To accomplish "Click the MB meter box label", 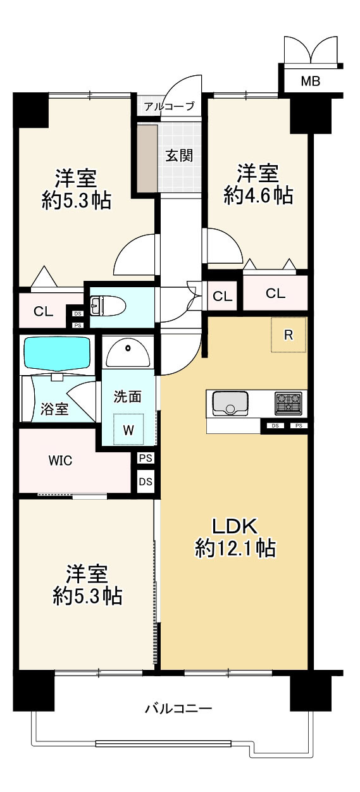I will [x=310, y=80].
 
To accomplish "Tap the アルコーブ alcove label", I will [x=168, y=106].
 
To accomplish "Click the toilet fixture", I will [x=108, y=307].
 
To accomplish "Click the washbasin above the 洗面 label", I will [x=128, y=352].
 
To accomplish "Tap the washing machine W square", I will [x=128, y=430].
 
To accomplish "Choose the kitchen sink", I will [x=230, y=403].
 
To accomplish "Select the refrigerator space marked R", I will [x=289, y=335].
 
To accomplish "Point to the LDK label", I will [x=233, y=526].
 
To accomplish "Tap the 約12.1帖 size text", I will [x=235, y=548].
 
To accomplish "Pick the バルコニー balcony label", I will [x=178, y=708].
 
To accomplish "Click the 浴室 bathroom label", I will [x=54, y=409].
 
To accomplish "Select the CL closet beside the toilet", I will [x=43, y=311].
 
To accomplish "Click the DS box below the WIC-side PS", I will [x=146, y=481].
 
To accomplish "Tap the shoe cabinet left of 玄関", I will [x=148, y=158].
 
